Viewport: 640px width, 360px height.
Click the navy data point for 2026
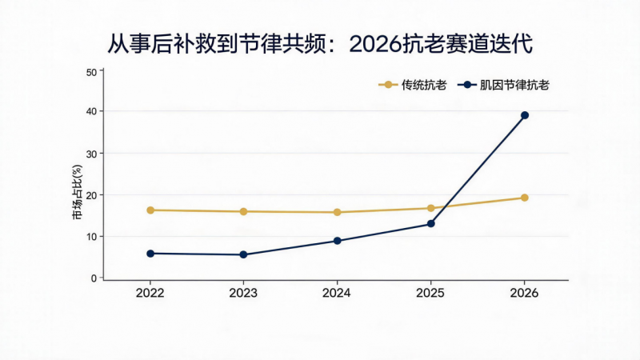click(x=525, y=115)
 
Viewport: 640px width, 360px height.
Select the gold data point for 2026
click(x=525, y=198)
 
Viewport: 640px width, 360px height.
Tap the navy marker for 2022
click(x=150, y=254)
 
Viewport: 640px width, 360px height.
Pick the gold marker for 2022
click(x=150, y=210)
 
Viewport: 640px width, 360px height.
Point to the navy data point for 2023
click(x=243, y=254)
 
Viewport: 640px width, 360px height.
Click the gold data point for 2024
click(x=337, y=212)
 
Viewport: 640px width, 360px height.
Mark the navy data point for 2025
click(x=430, y=224)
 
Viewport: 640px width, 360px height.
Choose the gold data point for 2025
click(x=430, y=208)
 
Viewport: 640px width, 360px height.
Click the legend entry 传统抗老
click(x=412, y=85)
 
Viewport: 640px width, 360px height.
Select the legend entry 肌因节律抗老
click(x=503, y=85)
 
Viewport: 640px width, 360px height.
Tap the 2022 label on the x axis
click(x=150, y=293)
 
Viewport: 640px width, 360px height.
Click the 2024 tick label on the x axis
click(x=336, y=293)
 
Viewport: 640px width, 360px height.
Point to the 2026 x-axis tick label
click(x=524, y=293)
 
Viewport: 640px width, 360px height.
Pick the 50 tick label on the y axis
click(x=91, y=73)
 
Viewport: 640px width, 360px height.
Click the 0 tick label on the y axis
click(x=94, y=278)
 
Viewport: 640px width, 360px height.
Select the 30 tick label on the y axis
click(x=91, y=154)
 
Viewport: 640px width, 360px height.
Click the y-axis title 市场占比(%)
click(x=77, y=192)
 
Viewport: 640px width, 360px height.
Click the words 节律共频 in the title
click(x=282, y=44)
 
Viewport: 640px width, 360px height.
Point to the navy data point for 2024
click(x=337, y=241)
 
